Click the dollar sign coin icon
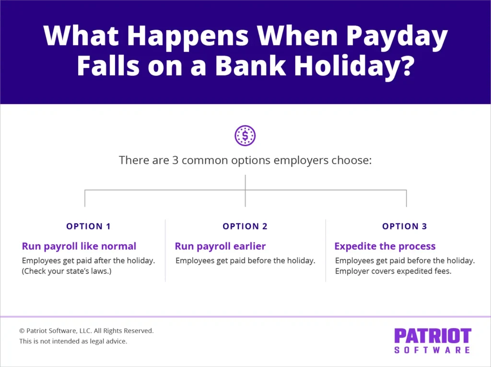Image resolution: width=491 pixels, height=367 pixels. point(245,136)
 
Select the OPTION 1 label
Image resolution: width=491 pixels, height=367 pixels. point(88,226)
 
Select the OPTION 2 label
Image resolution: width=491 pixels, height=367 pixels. point(245,226)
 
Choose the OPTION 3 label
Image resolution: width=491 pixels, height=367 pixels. point(404,226)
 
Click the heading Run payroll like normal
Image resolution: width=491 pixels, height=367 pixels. point(79,246)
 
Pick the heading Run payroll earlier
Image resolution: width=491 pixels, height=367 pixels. point(220,246)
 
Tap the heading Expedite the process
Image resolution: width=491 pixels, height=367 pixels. point(385,246)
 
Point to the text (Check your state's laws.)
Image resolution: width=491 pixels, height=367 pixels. point(70,272)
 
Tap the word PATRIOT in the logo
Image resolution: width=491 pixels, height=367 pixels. point(433,336)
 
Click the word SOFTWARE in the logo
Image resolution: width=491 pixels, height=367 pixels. point(433,350)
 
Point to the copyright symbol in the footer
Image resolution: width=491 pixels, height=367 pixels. point(22,331)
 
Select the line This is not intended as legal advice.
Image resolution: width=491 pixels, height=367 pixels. point(73,342)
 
